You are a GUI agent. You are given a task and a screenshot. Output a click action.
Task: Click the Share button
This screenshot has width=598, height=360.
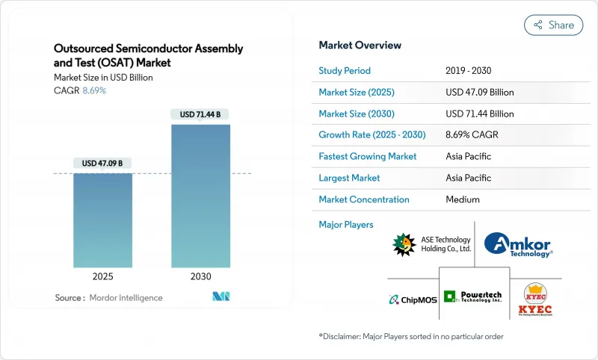[x=554, y=25]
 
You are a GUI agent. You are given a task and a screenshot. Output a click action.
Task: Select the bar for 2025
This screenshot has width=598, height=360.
[x=102, y=220]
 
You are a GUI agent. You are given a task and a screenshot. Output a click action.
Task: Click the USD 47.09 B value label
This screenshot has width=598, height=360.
[x=102, y=164]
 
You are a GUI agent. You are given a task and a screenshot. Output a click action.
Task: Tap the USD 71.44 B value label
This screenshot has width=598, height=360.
[x=200, y=114]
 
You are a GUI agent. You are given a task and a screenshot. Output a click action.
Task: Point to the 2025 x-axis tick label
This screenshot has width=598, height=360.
[x=102, y=276]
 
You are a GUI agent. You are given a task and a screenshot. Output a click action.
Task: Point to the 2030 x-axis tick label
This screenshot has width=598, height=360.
[x=200, y=276]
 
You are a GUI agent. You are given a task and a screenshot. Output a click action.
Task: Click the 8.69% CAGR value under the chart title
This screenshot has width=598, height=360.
[x=93, y=90]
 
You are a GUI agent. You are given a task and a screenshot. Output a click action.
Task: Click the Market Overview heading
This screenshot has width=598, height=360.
[x=360, y=45]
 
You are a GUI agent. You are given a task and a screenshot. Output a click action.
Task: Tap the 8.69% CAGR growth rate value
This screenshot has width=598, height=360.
[x=471, y=135]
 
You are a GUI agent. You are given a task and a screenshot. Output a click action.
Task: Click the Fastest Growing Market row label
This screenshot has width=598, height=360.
[x=367, y=157]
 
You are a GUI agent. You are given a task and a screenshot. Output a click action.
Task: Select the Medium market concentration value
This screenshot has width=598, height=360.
[x=462, y=199]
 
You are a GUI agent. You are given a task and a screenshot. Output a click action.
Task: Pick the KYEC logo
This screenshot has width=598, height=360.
[x=535, y=300]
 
